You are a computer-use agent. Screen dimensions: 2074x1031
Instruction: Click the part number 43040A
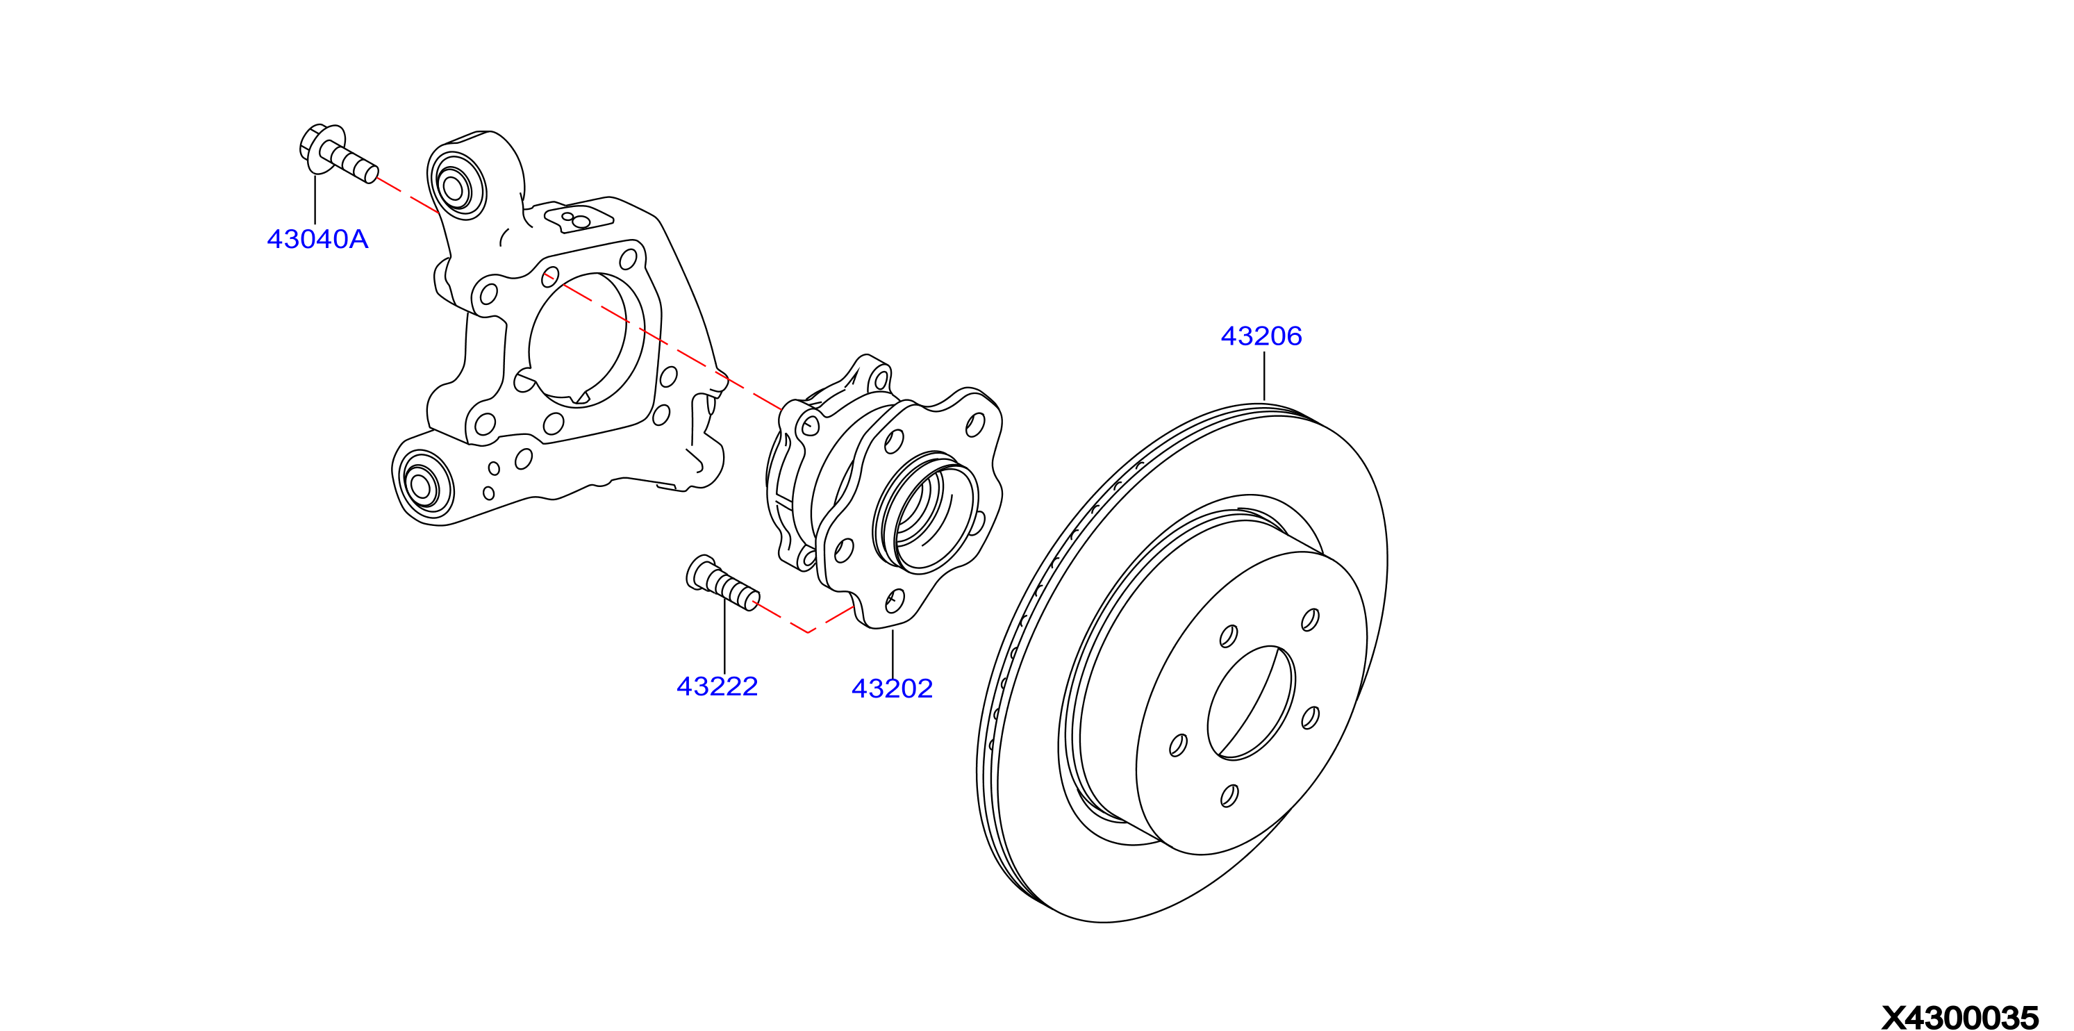317,239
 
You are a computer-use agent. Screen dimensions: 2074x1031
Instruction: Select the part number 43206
1261,336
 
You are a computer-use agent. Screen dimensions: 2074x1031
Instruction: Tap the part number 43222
717,686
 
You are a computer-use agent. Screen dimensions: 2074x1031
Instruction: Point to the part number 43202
892,688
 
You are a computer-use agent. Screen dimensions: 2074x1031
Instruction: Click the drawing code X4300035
1959,1017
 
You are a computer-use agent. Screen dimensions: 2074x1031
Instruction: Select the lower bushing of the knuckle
423,484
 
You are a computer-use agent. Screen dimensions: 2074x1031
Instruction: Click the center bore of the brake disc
1251,702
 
